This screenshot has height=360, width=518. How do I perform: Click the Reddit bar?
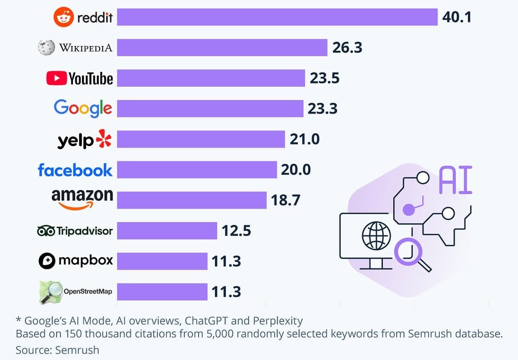(x=277, y=17)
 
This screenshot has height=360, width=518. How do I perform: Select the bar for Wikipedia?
(x=222, y=47)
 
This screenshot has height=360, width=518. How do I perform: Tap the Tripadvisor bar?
(x=167, y=231)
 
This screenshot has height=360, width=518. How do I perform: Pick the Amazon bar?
(x=191, y=200)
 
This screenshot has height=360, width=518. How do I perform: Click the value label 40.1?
(x=457, y=18)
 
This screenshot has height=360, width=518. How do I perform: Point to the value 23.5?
(x=325, y=78)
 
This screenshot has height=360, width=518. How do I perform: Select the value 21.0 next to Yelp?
(x=305, y=139)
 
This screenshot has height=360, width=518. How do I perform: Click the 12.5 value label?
(x=236, y=231)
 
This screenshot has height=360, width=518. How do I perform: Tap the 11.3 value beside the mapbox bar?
(x=226, y=262)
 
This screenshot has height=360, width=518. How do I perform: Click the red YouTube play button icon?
(x=56, y=78)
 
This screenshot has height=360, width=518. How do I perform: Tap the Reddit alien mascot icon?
(x=62, y=18)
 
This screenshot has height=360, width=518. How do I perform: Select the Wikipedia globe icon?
(x=47, y=47)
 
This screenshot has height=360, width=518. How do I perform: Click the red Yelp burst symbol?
(x=103, y=139)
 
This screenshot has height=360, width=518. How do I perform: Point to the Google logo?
(x=82, y=108)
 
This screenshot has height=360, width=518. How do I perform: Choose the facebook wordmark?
(x=75, y=170)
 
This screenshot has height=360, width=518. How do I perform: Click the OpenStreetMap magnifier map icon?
(x=50, y=292)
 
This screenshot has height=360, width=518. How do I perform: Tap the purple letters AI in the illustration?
(x=455, y=180)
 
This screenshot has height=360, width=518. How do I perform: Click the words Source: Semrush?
(x=57, y=350)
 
